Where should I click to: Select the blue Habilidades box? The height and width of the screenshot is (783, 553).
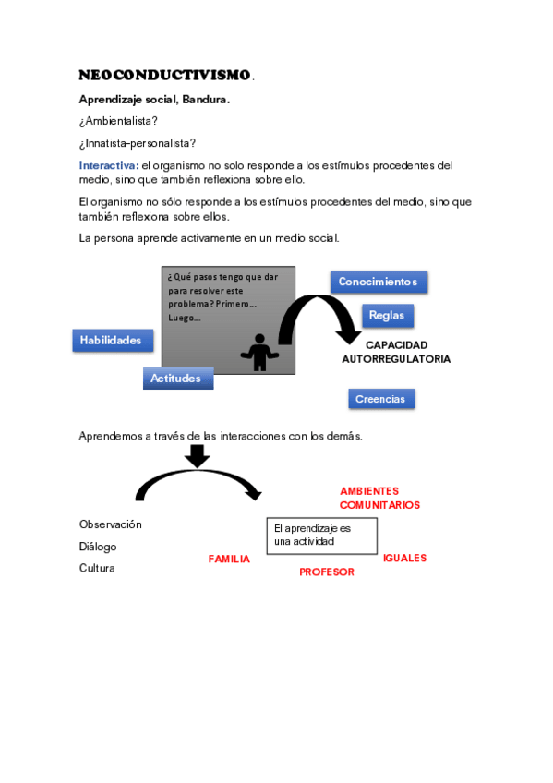coord(112,341)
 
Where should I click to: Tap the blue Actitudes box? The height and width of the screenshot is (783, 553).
coord(177,379)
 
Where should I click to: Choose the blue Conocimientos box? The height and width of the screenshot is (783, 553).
coord(379,282)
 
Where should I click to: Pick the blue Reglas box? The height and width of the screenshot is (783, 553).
coord(387,316)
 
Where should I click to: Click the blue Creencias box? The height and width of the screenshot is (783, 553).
coord(381,399)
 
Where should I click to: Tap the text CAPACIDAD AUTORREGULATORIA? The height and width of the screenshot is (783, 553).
coord(396,352)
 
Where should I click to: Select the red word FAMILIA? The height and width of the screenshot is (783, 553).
coord(229,559)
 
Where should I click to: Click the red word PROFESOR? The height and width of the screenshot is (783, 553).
coord(327,572)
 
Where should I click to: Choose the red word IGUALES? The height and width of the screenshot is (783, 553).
coord(404,558)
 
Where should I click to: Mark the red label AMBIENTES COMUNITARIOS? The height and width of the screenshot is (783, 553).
coord(379,498)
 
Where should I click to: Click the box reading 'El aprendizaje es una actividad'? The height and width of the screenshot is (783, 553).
coord(321,536)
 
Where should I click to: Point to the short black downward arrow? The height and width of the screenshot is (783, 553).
coord(198,455)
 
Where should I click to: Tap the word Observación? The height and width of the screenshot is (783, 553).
coord(111,524)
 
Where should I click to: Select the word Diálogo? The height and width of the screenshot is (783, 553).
coord(98,547)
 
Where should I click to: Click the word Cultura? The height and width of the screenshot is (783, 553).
coord(97,568)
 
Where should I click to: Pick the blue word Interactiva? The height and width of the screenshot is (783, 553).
coord(108,165)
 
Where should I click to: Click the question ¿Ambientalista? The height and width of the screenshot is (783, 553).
coord(118,121)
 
